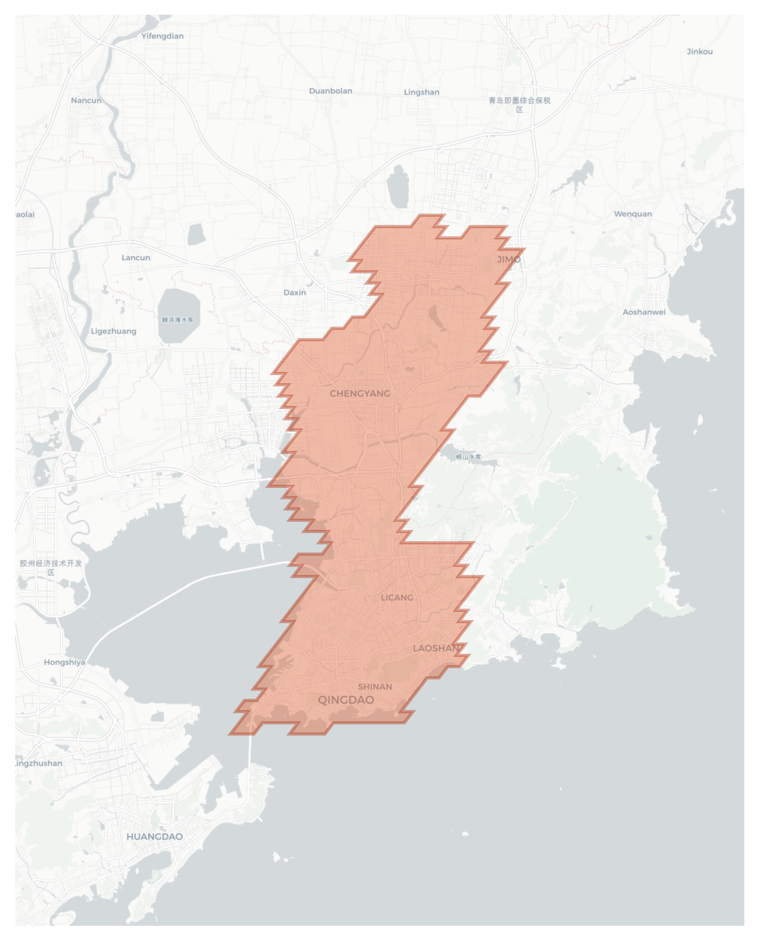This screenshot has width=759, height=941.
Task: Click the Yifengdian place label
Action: [x=162, y=36]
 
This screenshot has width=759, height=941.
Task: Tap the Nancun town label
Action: [x=86, y=100]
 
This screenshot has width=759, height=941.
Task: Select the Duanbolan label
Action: [x=331, y=91]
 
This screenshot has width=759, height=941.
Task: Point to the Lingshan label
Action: [x=421, y=92]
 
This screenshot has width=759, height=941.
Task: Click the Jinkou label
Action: [x=699, y=52]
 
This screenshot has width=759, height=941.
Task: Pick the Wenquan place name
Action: [x=632, y=214]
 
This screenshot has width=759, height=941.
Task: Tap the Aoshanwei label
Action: [x=644, y=312]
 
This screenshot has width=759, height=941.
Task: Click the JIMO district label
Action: [x=508, y=260]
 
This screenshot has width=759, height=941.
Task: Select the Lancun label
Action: [x=136, y=258]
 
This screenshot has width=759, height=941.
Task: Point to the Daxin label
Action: [x=294, y=293]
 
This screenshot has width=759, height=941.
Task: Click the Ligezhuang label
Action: [x=113, y=331]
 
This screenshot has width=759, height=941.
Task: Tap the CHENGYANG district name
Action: [x=359, y=393]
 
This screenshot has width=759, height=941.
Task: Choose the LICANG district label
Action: [x=396, y=597]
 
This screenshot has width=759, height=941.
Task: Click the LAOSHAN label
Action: [x=436, y=648]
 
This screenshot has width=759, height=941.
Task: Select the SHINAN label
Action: [x=375, y=686]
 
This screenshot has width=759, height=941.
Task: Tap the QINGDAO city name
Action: [x=346, y=700]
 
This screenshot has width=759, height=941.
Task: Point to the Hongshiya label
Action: [x=64, y=662]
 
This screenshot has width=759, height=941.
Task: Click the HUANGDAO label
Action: [x=154, y=837]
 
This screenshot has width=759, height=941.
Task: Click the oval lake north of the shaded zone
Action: [x=397, y=186]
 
